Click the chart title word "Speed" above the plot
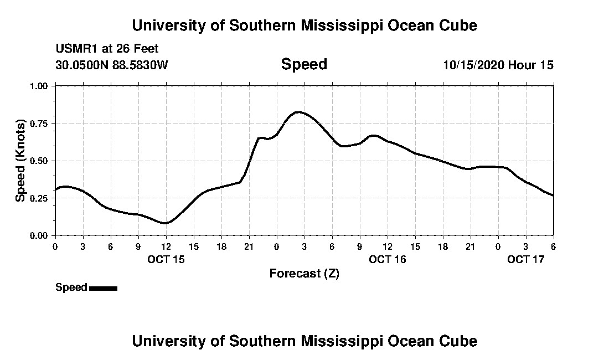[x=304, y=64]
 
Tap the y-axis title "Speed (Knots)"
[x=20, y=160]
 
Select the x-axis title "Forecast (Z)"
[x=304, y=273]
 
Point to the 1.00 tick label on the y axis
[x=39, y=86]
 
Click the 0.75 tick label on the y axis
[x=39, y=124]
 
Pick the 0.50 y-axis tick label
[x=39, y=161]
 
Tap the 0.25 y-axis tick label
[x=39, y=198]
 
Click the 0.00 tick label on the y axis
[x=39, y=235]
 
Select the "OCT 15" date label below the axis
[x=166, y=259]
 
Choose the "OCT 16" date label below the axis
[x=388, y=259]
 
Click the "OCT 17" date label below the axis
[x=526, y=259]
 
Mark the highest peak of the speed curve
[x=298, y=112]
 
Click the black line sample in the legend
[x=103, y=288]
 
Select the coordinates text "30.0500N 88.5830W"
[x=111, y=65]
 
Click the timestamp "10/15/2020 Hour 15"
[x=498, y=65]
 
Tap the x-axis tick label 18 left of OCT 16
[x=221, y=246]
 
